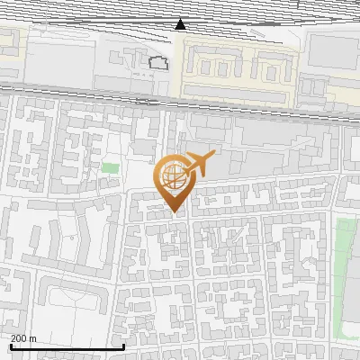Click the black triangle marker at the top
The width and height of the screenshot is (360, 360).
click(x=181, y=23)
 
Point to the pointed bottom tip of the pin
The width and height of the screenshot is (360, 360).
click(x=175, y=213)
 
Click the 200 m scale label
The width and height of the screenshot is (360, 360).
click(x=23, y=337)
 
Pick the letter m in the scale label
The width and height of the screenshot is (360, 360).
click(x=33, y=337)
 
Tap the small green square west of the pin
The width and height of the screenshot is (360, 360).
click(x=110, y=167)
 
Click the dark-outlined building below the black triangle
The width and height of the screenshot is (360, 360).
click(x=158, y=63)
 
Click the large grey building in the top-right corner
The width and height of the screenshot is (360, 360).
click(x=333, y=54)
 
